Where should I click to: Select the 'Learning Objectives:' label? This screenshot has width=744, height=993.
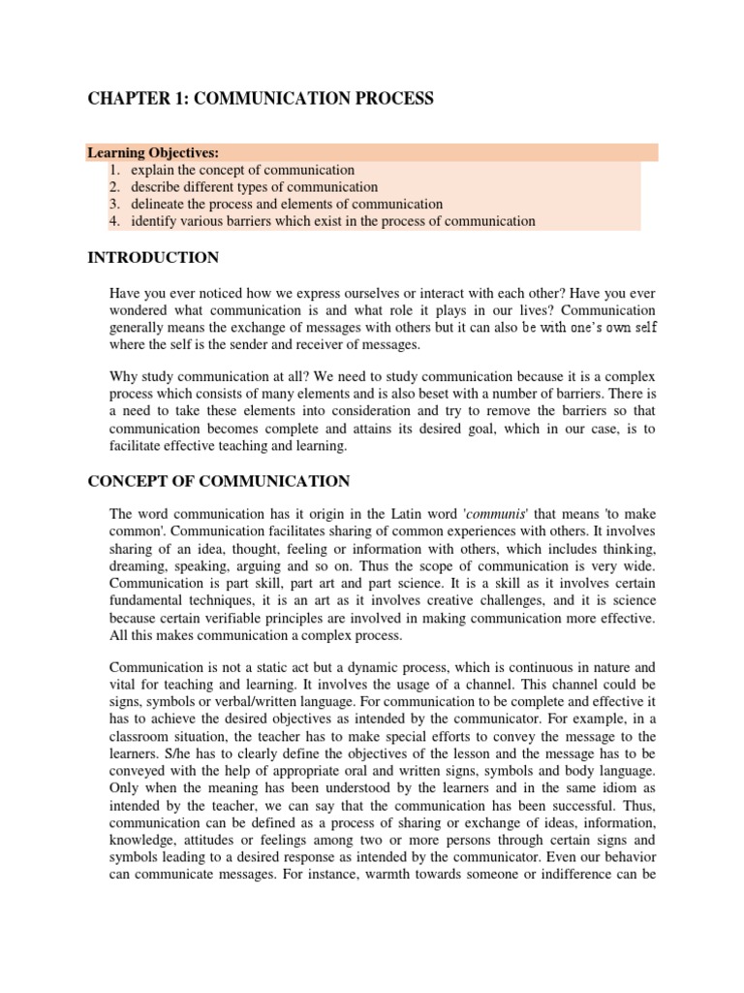[153, 152]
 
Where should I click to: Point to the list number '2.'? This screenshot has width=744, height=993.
[114, 186]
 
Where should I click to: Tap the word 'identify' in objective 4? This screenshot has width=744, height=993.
[156, 221]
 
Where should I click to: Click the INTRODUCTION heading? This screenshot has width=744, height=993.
[153, 258]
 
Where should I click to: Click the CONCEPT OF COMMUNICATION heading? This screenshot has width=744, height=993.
[219, 481]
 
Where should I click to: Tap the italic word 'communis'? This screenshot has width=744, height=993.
[504, 513]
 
